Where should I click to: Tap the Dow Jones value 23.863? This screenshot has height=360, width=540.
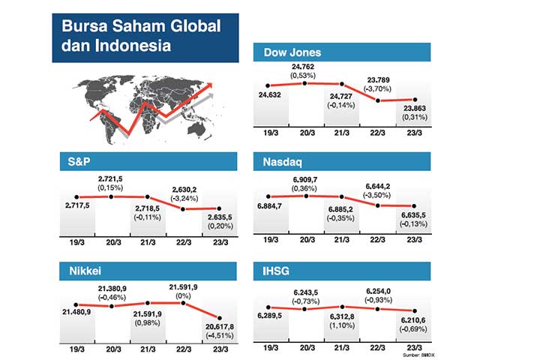pyautogui.click(x=414, y=109)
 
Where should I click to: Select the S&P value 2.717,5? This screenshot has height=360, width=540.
pyautogui.click(x=79, y=204)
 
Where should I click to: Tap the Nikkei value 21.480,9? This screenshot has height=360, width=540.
pyautogui.click(x=78, y=313)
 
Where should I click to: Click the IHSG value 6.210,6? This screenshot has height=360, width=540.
pyautogui.click(x=415, y=320)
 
